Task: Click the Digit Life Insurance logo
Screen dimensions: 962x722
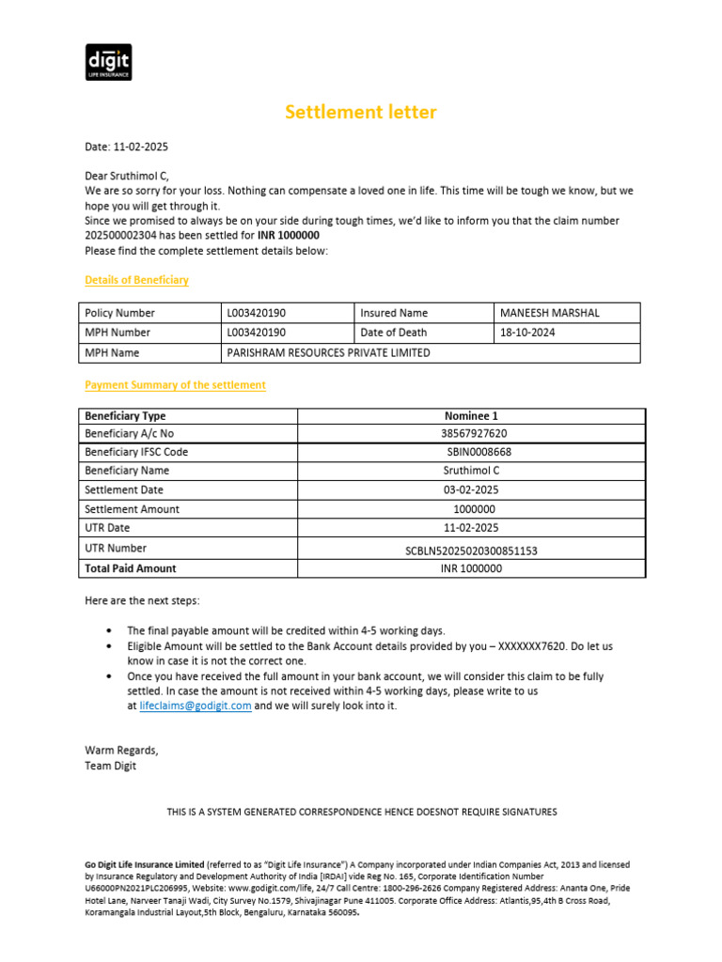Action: tap(108, 62)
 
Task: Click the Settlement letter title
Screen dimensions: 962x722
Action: tap(361, 113)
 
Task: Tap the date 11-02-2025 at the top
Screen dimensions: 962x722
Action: tap(141, 147)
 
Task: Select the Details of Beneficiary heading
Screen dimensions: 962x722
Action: tap(136, 280)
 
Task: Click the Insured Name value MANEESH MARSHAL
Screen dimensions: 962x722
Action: tap(549, 313)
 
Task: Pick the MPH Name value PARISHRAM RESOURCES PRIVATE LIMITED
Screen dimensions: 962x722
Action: tap(328, 352)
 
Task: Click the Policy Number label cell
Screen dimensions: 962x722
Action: tap(119, 313)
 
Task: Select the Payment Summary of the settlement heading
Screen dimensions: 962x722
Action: tap(175, 385)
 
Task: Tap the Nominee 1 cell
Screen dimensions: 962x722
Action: tap(471, 415)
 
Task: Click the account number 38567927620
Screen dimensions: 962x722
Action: tap(471, 434)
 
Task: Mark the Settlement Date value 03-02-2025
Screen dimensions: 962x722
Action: tap(471, 490)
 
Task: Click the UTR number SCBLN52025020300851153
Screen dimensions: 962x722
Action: tap(471, 551)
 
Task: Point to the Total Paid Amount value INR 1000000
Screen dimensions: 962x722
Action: tap(471, 568)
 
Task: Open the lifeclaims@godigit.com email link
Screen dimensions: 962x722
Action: tap(195, 706)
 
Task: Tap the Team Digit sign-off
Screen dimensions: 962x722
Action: tap(110, 766)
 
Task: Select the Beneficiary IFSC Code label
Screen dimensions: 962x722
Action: tap(135, 452)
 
